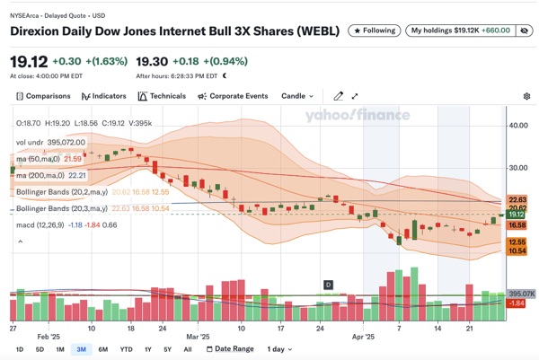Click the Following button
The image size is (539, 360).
(x=373, y=31)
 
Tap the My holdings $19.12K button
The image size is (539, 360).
(x=460, y=31)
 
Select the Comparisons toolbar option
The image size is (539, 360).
(x=42, y=96)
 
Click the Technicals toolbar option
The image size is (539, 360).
(x=163, y=96)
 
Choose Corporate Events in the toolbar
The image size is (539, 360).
(x=233, y=96)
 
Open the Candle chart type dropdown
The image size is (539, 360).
(x=298, y=96)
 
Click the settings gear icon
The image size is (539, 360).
(x=526, y=96)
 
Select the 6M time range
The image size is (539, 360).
(x=102, y=348)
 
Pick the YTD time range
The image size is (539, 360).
(x=126, y=348)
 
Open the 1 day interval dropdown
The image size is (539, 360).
(x=280, y=348)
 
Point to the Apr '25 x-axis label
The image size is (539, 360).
(x=363, y=337)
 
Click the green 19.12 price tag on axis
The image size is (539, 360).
(x=517, y=215)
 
